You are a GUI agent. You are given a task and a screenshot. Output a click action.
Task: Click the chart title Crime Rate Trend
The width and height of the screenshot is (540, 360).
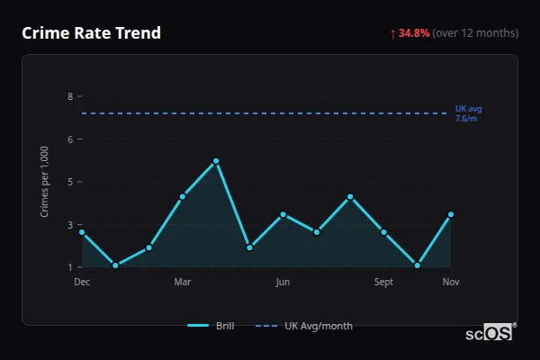coord(91,33)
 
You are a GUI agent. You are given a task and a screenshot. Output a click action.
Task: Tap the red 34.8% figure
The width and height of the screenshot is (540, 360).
coord(414,33)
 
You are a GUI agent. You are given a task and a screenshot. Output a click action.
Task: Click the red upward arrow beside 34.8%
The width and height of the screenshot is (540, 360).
coord(393,33)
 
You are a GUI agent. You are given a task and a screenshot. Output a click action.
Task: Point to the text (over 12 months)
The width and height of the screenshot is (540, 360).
coord(475,33)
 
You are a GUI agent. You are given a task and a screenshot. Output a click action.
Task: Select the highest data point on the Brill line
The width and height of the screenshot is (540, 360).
coord(216,161)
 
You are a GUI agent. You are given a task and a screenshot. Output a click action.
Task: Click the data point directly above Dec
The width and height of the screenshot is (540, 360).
coord(82,232)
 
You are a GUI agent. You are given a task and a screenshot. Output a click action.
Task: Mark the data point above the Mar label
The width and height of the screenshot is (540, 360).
coord(183,196)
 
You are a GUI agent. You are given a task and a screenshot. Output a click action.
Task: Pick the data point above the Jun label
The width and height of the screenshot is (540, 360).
coord(283,214)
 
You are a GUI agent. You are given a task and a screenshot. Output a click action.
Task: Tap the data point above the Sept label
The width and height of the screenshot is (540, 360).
coord(383,232)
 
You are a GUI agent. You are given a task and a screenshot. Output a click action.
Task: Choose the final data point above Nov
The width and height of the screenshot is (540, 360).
coord(450,214)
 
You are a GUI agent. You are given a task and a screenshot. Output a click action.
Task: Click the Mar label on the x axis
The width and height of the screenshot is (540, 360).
coord(183,283)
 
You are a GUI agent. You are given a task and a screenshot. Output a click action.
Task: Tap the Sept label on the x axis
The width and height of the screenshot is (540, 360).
coord(383,283)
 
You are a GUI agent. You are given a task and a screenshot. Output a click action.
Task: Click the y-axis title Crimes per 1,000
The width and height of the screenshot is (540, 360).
coord(45,182)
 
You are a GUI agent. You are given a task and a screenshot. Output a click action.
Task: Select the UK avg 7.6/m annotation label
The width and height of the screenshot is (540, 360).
coord(468,113)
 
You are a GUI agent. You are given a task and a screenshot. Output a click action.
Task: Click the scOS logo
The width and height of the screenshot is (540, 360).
coord(490,333)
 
